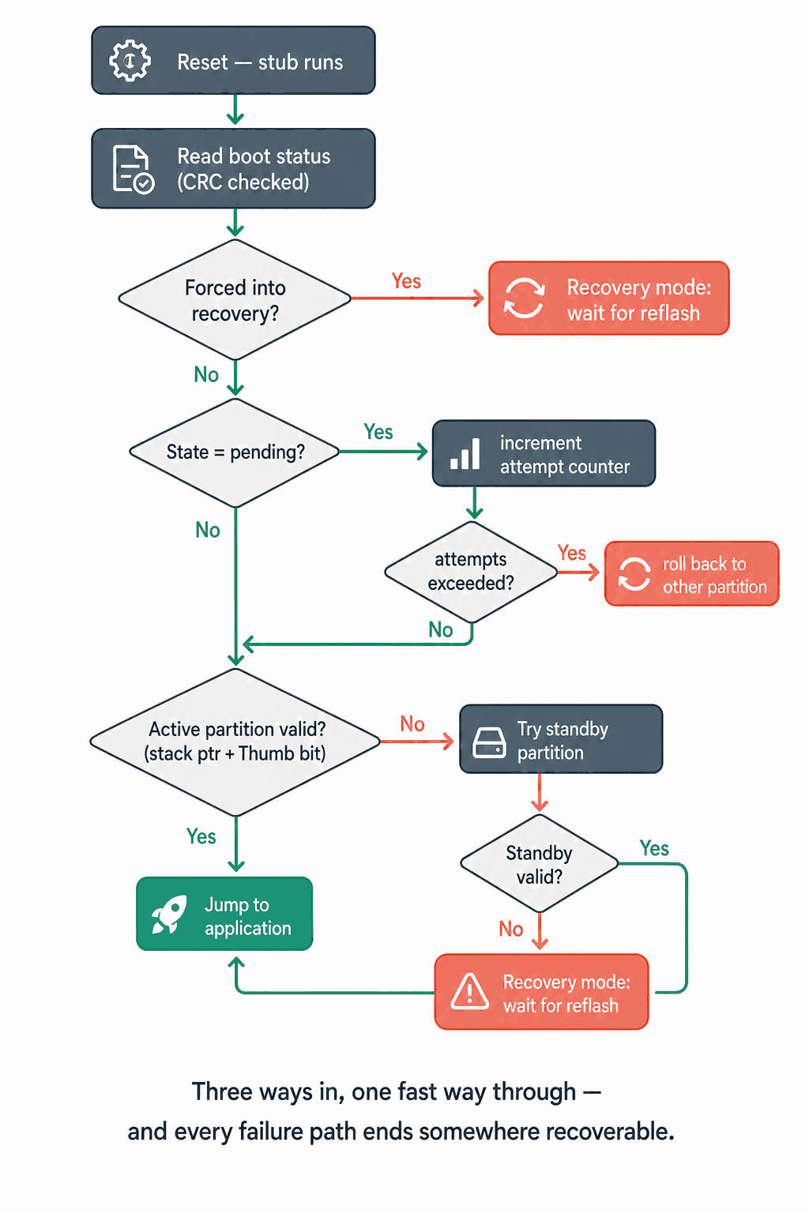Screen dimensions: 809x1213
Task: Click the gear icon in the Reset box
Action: click(x=130, y=61)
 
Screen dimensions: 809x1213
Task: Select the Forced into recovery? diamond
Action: click(x=235, y=299)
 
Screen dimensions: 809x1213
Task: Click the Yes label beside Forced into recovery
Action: click(x=406, y=281)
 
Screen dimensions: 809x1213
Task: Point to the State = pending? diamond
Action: click(x=235, y=453)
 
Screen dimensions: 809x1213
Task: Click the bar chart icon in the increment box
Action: click(x=465, y=454)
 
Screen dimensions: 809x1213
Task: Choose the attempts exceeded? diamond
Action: click(x=472, y=572)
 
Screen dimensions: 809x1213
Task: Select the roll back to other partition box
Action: click(x=692, y=573)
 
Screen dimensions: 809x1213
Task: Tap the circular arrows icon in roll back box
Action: click(x=634, y=574)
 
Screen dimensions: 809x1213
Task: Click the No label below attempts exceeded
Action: click(x=441, y=629)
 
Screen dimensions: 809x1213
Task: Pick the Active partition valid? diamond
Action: click(x=235, y=742)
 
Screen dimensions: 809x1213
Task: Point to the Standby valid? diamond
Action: click(x=539, y=864)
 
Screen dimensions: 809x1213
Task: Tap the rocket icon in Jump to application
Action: click(x=170, y=914)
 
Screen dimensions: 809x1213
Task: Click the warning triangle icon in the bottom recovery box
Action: click(x=470, y=992)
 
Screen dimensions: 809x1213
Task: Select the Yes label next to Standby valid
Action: click(x=654, y=849)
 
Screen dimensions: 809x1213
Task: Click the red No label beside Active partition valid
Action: click(x=412, y=724)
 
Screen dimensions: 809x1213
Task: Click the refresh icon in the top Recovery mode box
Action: click(x=524, y=299)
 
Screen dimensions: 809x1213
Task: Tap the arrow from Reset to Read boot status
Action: click(x=235, y=110)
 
